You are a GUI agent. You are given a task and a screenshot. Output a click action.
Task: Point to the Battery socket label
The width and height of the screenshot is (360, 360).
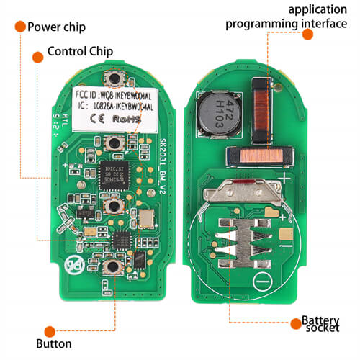click(320, 325)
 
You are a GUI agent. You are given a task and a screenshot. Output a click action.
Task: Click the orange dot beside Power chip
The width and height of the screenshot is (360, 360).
click(19, 28)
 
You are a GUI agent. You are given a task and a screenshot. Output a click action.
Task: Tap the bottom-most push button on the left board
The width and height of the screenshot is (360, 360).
click(112, 269)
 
